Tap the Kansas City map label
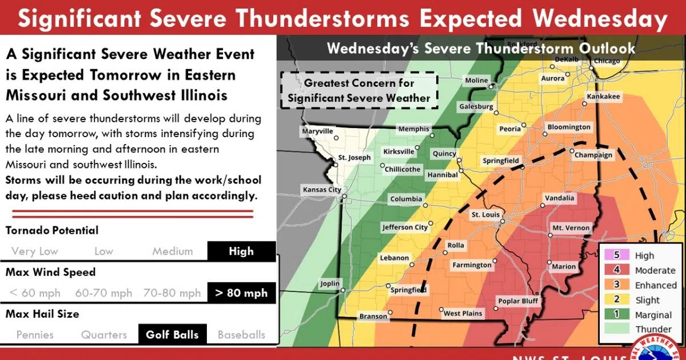tap(322, 190)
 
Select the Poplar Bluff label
tap(518, 301)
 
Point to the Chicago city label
tap(607, 61)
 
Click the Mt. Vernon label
tap(570, 228)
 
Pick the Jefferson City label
tap(405, 227)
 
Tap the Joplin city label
tap(329, 283)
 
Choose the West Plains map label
tap(463, 313)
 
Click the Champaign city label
tap(593, 155)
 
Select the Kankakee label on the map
tap(603, 97)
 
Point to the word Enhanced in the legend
tap(655, 285)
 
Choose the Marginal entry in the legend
tap(653, 315)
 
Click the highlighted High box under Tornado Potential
tap(241, 251)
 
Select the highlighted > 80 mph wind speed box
tap(241, 293)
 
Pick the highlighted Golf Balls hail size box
tap(172, 335)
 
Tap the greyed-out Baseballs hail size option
tap(241, 335)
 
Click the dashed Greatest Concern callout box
tap(359, 91)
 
